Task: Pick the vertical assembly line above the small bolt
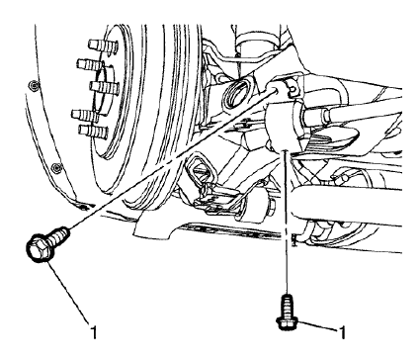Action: point(288,218)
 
